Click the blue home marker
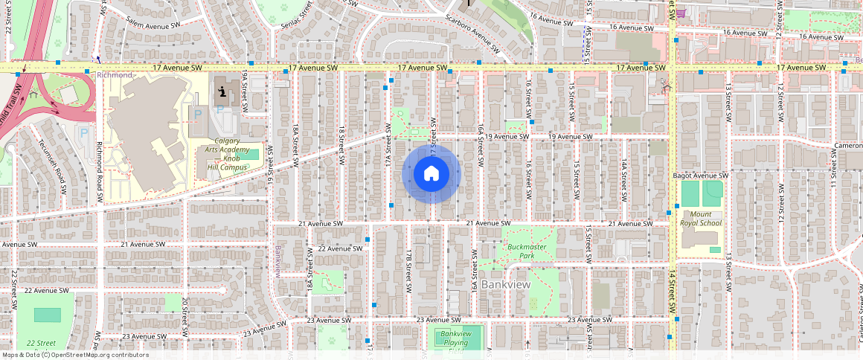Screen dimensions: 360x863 click(x=431, y=174)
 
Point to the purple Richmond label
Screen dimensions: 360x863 click(x=114, y=75)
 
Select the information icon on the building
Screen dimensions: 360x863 click(x=222, y=94)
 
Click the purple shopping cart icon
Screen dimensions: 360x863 click(x=681, y=13)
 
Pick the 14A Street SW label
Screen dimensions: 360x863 click(x=626, y=176)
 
